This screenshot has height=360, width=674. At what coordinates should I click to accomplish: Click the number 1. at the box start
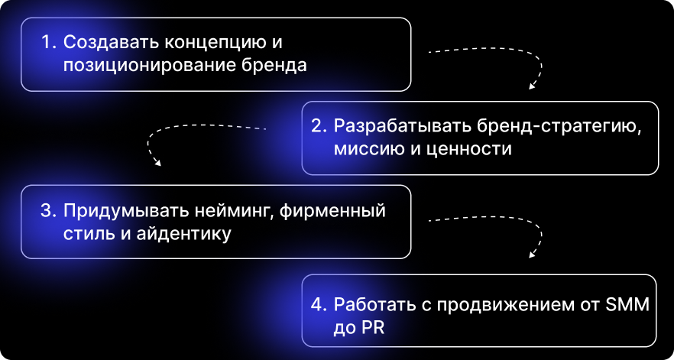coord(49,42)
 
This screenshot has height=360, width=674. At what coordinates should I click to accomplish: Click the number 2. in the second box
coord(318,125)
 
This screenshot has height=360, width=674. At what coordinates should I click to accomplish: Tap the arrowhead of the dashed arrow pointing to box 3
coord(157,162)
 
